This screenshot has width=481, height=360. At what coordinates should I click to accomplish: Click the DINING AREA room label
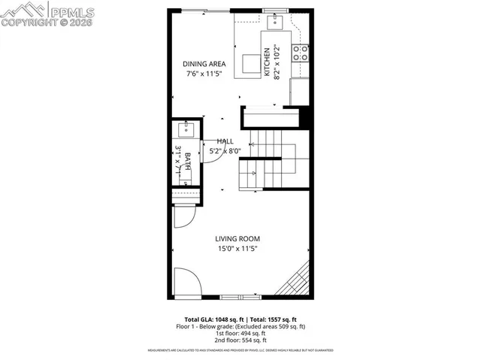(205, 64)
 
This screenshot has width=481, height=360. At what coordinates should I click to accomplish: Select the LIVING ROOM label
(237, 238)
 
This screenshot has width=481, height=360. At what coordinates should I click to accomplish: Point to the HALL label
(225, 141)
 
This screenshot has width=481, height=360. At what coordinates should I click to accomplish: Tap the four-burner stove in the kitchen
(300, 53)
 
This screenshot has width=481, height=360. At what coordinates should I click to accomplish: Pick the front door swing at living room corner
(186, 283)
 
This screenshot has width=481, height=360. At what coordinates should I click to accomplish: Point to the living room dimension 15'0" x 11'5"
(237, 249)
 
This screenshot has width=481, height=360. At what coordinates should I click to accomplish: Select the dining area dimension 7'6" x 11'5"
(205, 74)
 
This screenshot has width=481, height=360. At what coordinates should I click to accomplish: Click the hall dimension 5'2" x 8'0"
(225, 150)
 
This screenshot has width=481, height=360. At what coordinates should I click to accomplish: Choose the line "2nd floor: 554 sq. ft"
(240, 340)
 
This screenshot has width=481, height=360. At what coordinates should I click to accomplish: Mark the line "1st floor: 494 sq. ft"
(240, 333)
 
